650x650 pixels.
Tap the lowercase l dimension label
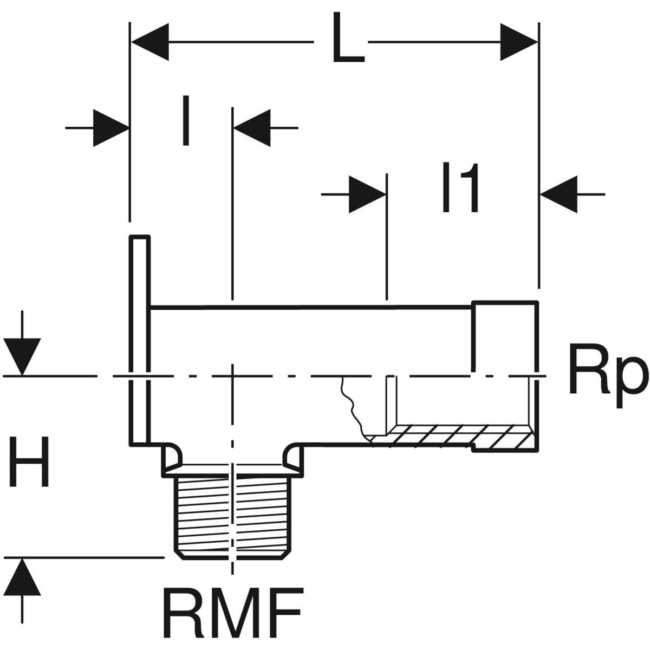point(186,121)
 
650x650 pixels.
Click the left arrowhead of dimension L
point(149,42)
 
